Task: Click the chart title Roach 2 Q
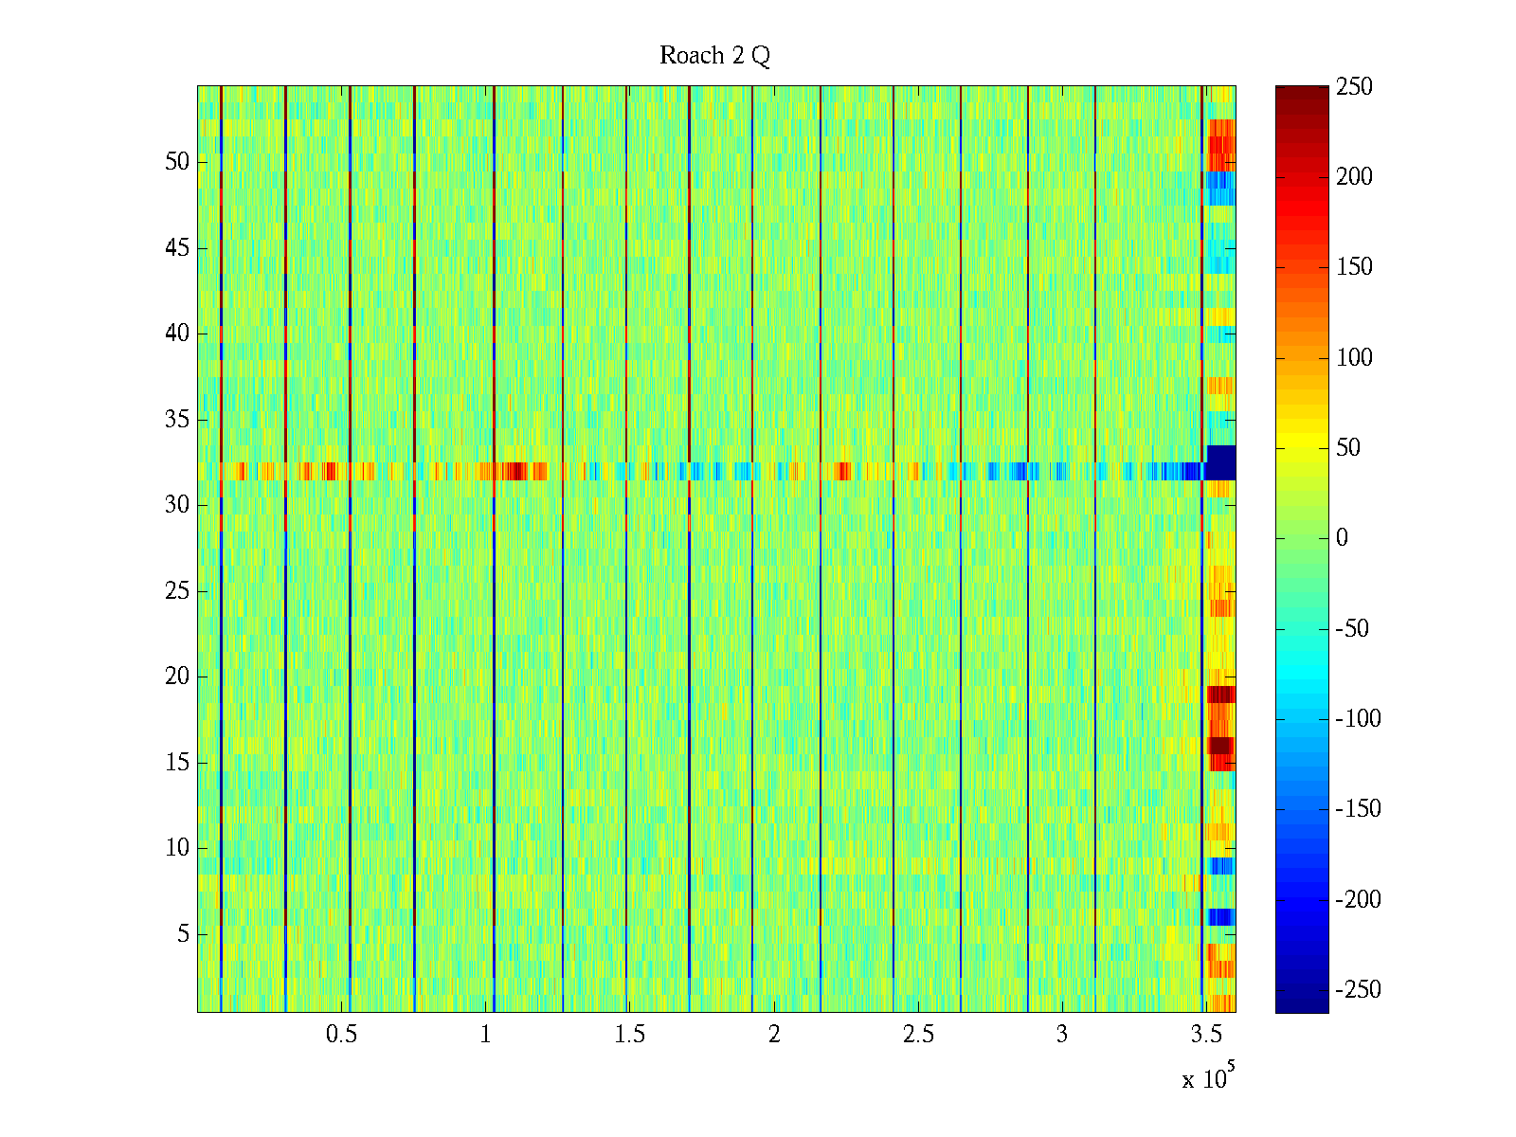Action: (714, 56)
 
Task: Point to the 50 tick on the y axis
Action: (177, 162)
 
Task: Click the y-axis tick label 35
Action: (177, 420)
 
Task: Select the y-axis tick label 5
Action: (183, 934)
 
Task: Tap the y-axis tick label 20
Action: (177, 677)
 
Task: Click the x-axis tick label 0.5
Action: (341, 1035)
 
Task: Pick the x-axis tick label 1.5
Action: (629, 1035)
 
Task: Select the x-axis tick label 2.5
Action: (918, 1035)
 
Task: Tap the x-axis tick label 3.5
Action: (1206, 1035)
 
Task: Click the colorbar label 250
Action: (1354, 87)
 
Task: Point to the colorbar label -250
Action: (1358, 990)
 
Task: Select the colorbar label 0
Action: (1341, 538)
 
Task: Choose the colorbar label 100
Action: (1354, 357)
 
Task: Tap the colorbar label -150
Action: (1358, 809)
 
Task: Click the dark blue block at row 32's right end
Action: (1220, 462)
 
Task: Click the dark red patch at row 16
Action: (1220, 746)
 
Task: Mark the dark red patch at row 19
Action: (1221, 695)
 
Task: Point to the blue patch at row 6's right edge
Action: (1220, 917)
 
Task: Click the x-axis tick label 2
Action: (774, 1035)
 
